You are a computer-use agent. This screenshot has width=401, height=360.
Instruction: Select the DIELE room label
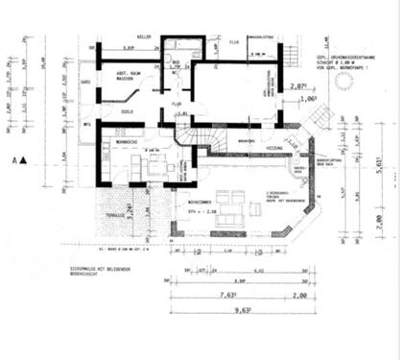click(x=126, y=112)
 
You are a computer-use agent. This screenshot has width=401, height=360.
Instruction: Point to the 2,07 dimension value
click(x=298, y=85)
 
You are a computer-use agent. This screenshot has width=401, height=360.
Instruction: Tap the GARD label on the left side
click(x=86, y=83)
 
